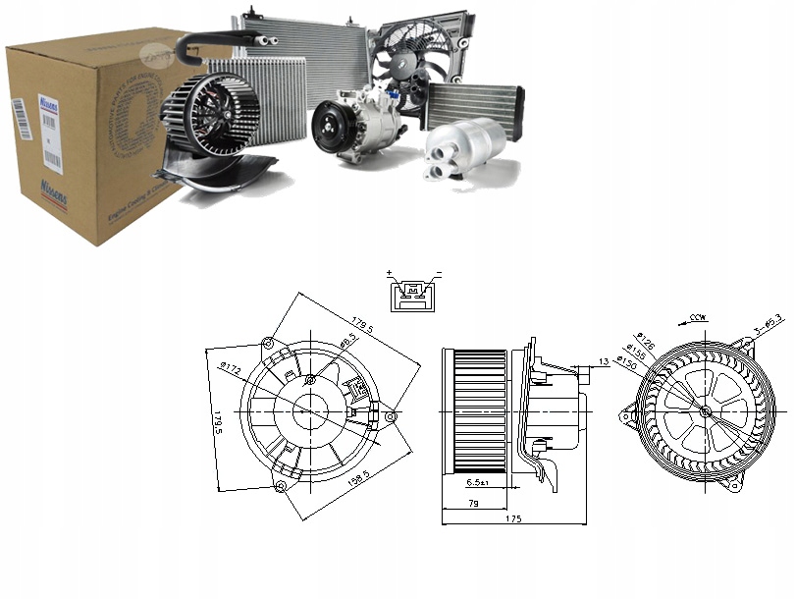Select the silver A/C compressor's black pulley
(x=329, y=127)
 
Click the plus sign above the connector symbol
(x=390, y=274)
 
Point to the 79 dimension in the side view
(x=474, y=503)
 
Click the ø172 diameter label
(x=231, y=368)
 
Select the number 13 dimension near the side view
(x=603, y=362)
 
